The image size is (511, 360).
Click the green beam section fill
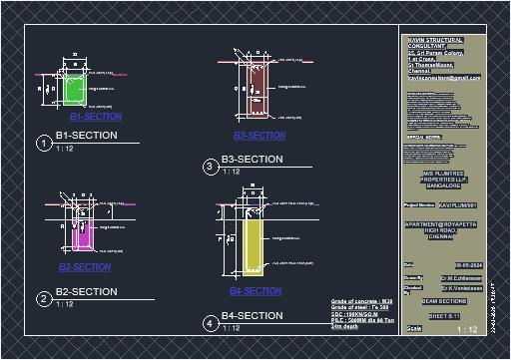click(x=74, y=89)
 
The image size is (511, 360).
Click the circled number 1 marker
click(x=43, y=144)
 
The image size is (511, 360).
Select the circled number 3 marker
click(x=210, y=167)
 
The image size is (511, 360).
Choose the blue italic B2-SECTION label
click(x=85, y=268)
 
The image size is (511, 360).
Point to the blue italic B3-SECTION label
click(x=259, y=136)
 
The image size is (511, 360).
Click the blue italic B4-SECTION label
click(x=255, y=291)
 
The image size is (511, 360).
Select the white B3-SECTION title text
click(x=252, y=160)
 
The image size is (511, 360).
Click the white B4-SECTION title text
click(x=252, y=316)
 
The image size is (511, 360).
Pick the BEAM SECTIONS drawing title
click(x=444, y=300)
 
